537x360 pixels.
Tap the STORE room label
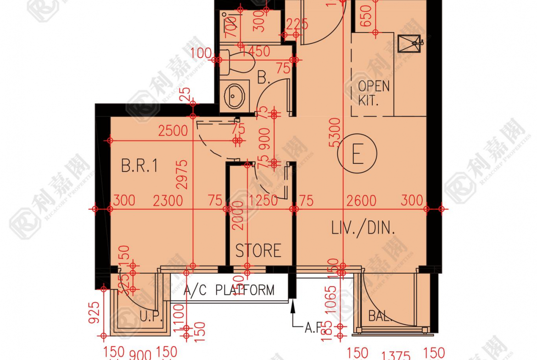(x=258, y=251)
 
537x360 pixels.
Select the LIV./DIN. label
(x=363, y=228)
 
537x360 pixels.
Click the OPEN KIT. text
(x=373, y=93)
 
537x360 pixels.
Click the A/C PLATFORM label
(x=229, y=290)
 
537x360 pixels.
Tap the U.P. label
(x=150, y=317)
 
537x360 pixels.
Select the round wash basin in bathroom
(x=235, y=95)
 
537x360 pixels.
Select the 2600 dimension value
(x=361, y=200)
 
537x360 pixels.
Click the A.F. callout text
(x=315, y=327)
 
